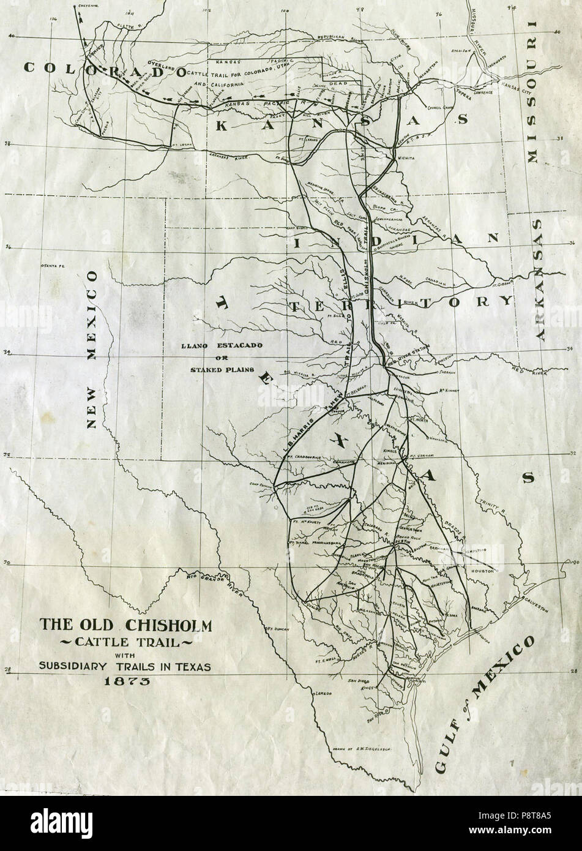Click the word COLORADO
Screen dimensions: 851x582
104,69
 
